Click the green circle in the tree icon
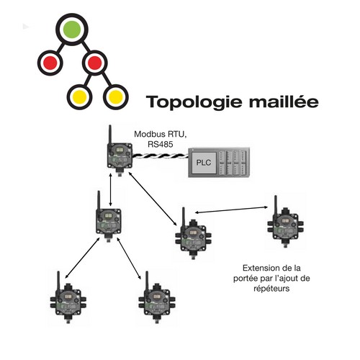[x=72, y=30]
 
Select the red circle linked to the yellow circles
[x=94, y=63]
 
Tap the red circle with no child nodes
[x=50, y=63]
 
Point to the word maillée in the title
[x=284, y=101]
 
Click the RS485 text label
[x=161, y=144]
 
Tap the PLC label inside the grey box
[x=204, y=163]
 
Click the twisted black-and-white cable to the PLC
[x=161, y=156]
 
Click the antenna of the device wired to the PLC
[x=110, y=135]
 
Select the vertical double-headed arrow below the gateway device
[x=110, y=190]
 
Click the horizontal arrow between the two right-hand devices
[x=231, y=210]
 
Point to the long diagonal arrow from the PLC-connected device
[x=153, y=199]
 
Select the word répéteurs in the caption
[x=271, y=289]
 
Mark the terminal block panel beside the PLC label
[x=233, y=163]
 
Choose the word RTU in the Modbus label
[x=176, y=134]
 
